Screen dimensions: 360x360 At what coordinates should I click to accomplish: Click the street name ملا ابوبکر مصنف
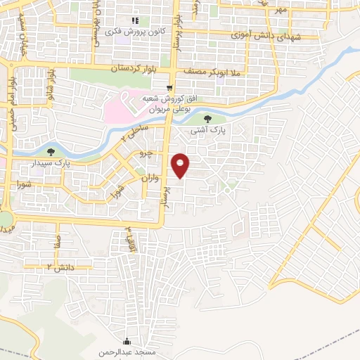point(211,72)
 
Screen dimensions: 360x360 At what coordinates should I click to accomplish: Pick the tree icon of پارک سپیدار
point(51,152)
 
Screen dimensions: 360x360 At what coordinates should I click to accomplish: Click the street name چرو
point(145,153)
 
